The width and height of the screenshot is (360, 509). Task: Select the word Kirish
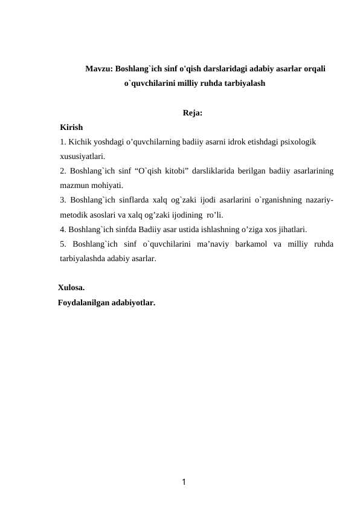click(x=72, y=128)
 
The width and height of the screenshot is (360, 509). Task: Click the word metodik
click(x=75, y=215)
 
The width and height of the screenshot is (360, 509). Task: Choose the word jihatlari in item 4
click(x=289, y=230)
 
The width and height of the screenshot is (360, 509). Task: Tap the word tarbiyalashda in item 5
click(x=85, y=259)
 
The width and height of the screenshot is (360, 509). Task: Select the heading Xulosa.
click(x=71, y=288)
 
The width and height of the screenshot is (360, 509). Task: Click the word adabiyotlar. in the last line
click(x=133, y=302)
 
